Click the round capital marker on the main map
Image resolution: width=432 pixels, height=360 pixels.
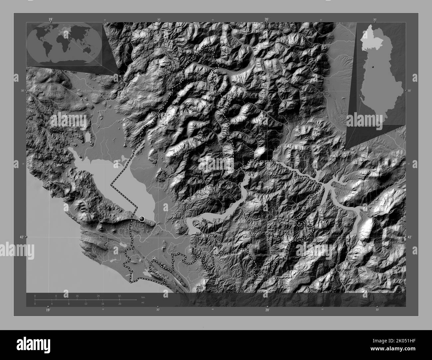[142, 219]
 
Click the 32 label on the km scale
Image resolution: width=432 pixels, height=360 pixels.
[119, 296]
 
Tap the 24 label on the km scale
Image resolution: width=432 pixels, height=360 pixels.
[98, 296]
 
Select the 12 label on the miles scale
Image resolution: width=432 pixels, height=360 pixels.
[86, 304]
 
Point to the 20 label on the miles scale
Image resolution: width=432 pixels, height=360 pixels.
[119, 304]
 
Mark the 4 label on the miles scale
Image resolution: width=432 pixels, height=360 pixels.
[52, 304]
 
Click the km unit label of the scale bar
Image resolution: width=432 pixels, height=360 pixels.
[143, 297]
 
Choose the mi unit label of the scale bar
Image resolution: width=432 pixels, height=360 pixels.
[143, 303]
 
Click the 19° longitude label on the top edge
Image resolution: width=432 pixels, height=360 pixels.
[51, 19]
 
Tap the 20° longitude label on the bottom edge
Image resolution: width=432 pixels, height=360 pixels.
[268, 310]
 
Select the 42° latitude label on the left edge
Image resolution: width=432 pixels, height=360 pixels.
[22, 237]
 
